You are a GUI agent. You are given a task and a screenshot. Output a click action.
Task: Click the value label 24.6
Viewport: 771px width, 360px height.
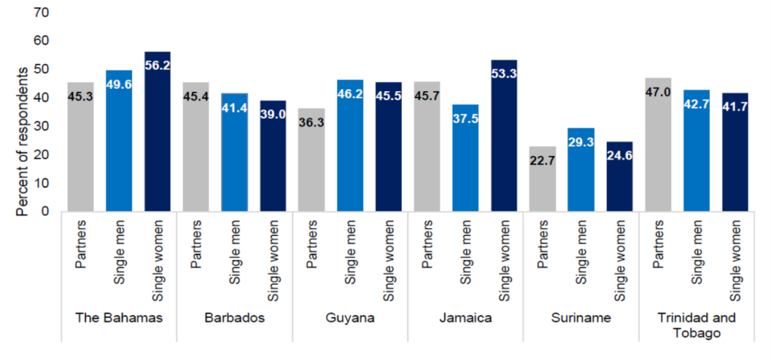coord(619,157)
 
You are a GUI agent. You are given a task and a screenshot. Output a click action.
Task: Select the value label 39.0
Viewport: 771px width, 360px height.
coord(273,117)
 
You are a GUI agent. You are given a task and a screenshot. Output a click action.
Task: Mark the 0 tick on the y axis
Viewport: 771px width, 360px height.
coord(45,212)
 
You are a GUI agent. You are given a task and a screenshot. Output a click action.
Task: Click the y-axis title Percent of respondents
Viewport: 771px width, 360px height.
coord(23,139)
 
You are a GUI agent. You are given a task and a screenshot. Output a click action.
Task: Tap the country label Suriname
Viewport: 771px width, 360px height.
coord(581,317)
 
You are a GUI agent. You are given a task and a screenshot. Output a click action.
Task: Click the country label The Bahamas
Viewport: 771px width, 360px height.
coord(119,317)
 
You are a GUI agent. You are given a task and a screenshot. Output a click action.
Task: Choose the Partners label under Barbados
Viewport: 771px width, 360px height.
coord(197,243)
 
